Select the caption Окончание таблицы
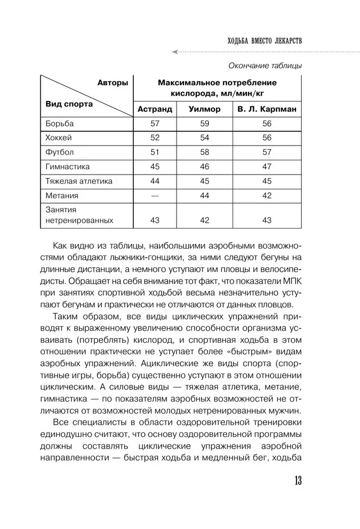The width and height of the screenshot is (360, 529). (265, 66)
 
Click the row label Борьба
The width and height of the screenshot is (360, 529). (59, 123)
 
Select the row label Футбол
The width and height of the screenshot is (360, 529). (59, 152)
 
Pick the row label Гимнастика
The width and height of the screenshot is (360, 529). (68, 167)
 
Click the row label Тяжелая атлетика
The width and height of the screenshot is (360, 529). (79, 181)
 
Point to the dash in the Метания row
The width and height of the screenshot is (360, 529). (155, 196)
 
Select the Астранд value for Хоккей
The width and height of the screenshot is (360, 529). (155, 138)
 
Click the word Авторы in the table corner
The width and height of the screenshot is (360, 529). (113, 83)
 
